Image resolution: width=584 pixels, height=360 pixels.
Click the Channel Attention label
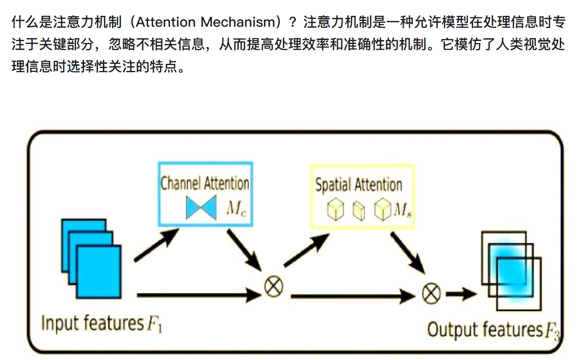click(205, 183)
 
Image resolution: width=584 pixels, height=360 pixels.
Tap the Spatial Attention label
click(359, 185)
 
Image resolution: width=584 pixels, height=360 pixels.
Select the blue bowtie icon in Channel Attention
click(202, 208)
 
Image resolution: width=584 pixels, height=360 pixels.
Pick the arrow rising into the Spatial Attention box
click(307, 250)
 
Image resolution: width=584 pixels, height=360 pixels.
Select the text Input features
click(91, 323)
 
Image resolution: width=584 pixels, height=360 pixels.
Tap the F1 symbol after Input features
click(154, 324)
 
